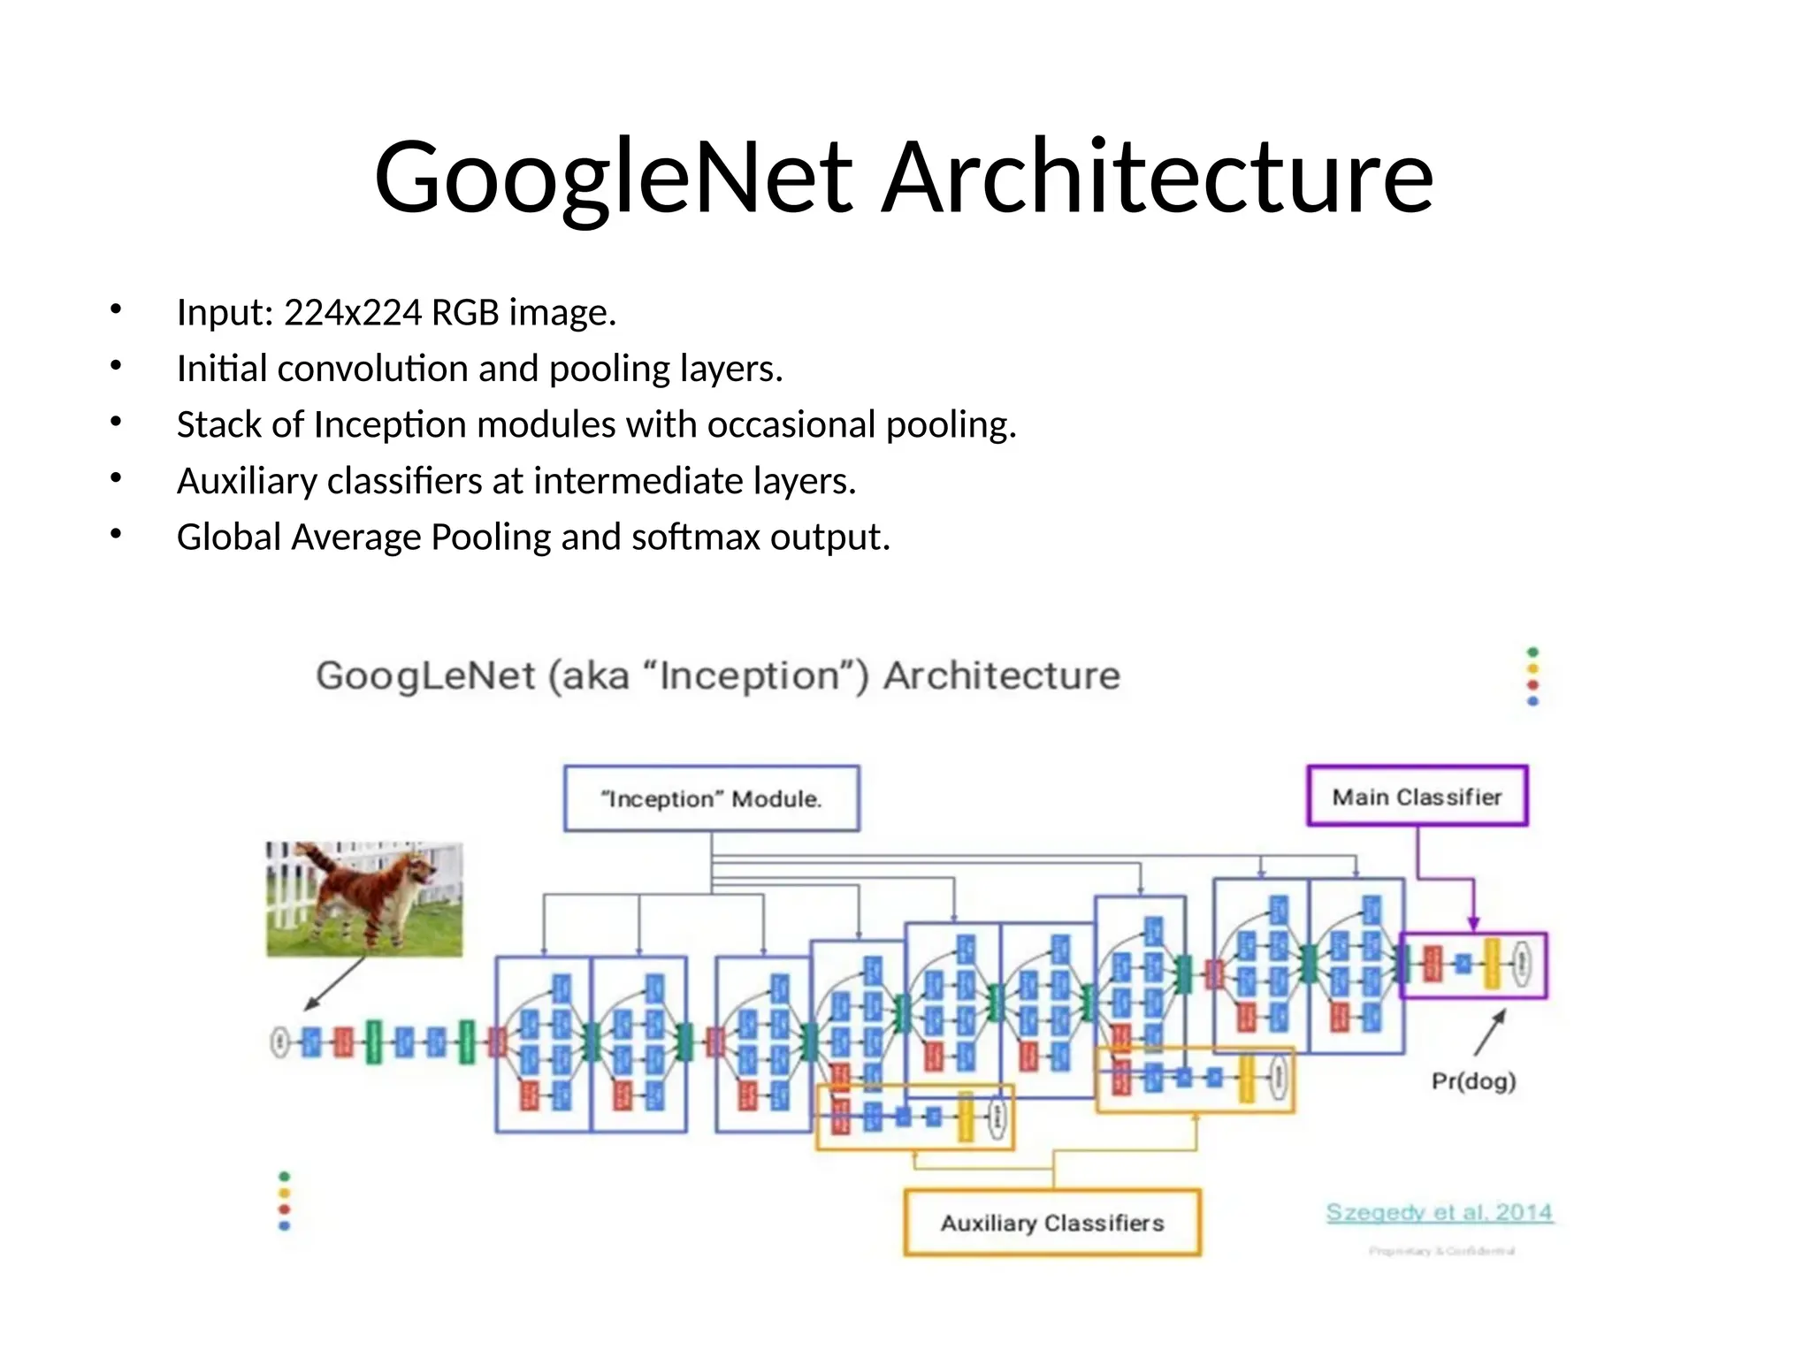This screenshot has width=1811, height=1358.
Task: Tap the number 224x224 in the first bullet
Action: (353, 313)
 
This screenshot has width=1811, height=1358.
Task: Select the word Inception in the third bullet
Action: (389, 425)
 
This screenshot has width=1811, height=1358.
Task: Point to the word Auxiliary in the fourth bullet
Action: (247, 482)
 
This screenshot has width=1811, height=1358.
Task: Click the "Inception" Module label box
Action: (712, 798)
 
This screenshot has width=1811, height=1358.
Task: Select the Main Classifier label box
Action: (1417, 797)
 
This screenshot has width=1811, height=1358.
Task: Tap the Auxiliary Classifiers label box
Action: (1052, 1223)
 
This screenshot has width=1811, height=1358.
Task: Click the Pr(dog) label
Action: (1473, 1080)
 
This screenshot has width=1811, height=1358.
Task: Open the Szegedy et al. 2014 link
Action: (1439, 1212)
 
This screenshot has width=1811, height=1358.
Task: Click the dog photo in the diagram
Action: (364, 898)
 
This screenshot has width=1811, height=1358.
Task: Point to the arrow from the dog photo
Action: (335, 983)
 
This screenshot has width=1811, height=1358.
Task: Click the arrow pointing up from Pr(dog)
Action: (1490, 1032)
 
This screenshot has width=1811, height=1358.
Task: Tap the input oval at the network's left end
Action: (279, 1042)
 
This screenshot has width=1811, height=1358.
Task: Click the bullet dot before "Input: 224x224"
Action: (116, 309)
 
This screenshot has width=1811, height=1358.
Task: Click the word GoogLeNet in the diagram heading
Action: (425, 676)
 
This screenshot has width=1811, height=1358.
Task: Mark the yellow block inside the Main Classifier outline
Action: (1492, 964)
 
